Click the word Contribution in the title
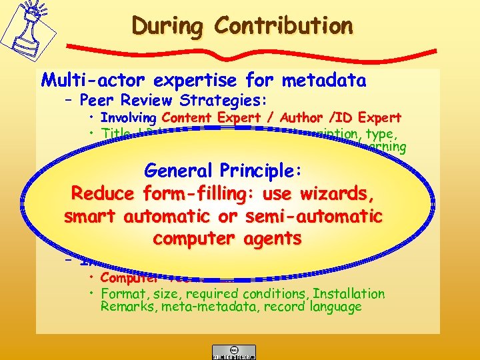tap(284, 26)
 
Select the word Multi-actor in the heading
tap(94, 81)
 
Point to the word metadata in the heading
tap(323, 81)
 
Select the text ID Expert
tap(363, 118)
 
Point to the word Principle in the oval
tap(261, 171)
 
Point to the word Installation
tap(349, 294)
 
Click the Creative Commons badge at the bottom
tap(233, 351)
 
